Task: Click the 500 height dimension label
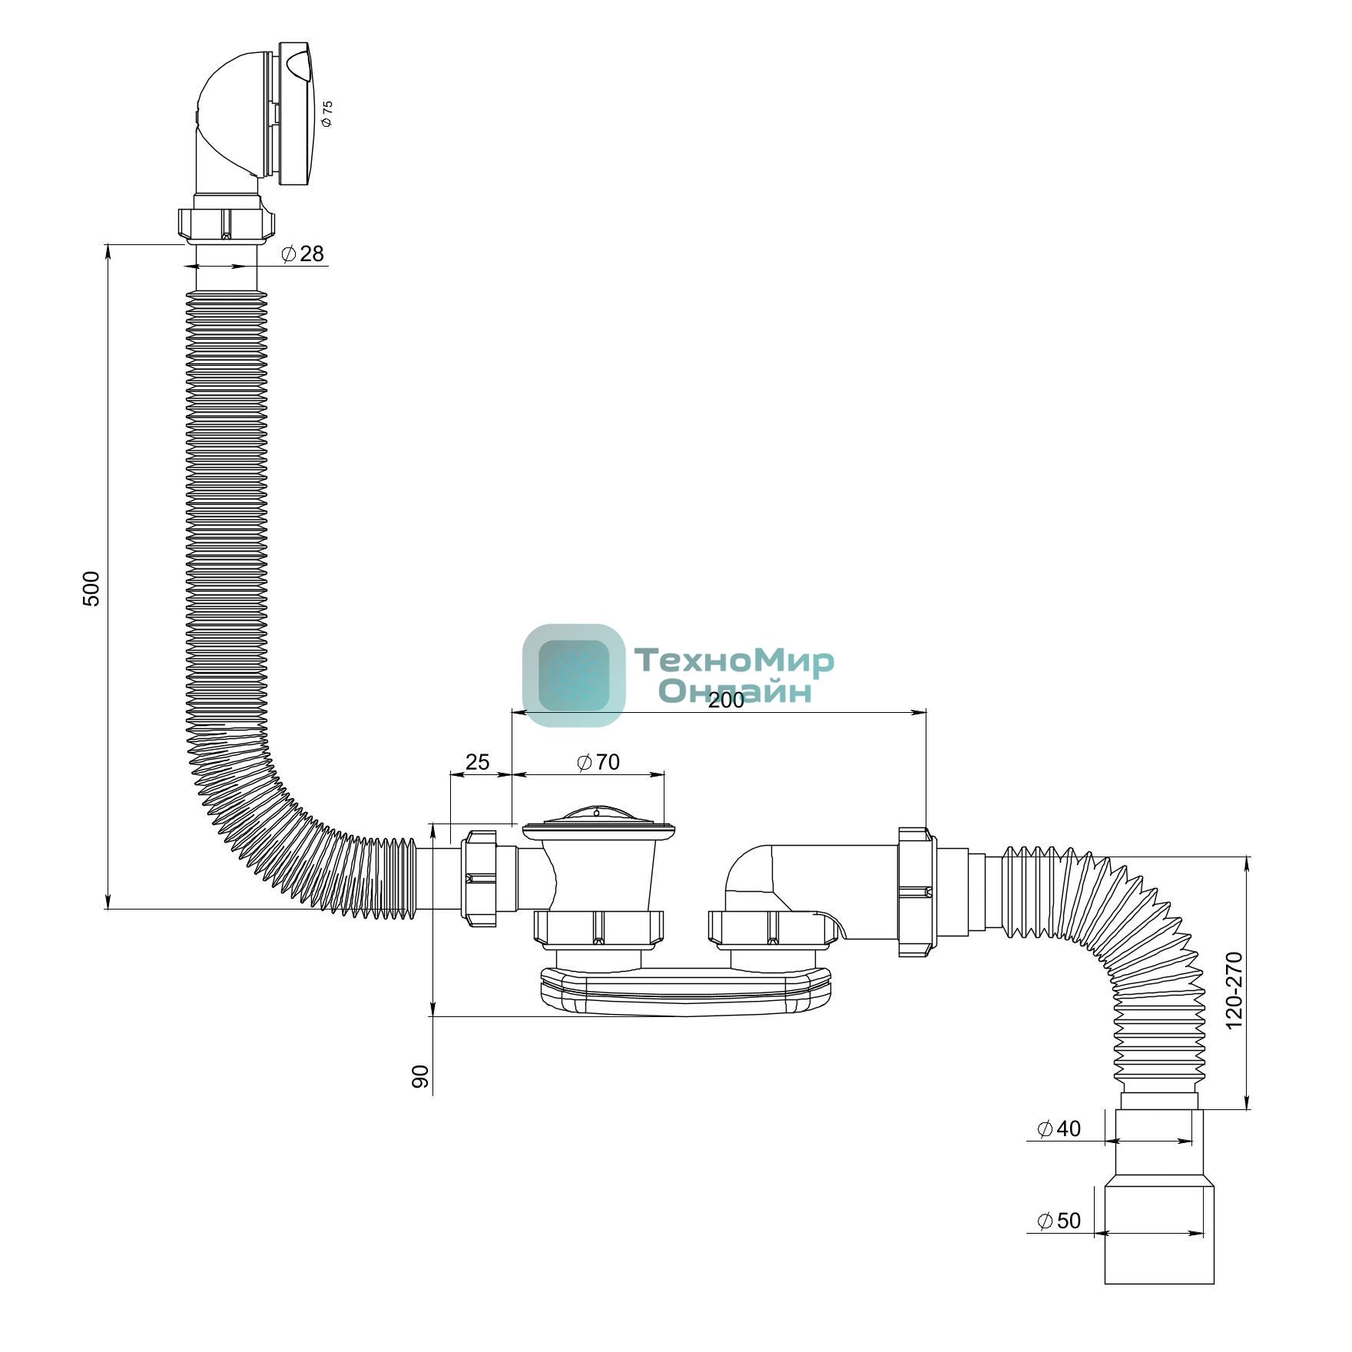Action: (x=91, y=589)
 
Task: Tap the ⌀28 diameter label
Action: (x=303, y=253)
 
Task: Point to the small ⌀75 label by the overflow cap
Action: (x=327, y=114)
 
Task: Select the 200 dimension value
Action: (x=726, y=700)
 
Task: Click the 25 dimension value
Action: (x=477, y=762)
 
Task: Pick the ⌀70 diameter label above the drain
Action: (x=598, y=762)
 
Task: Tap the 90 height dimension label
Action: (x=420, y=1077)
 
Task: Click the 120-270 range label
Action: (x=1234, y=990)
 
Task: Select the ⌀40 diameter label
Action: (x=1059, y=1128)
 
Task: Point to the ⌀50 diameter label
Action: (x=1059, y=1221)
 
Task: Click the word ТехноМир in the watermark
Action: (x=734, y=661)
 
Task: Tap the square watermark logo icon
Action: (x=574, y=675)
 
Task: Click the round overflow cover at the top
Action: (x=296, y=113)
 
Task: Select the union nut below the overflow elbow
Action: (x=226, y=222)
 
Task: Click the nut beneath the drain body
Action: (x=598, y=927)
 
